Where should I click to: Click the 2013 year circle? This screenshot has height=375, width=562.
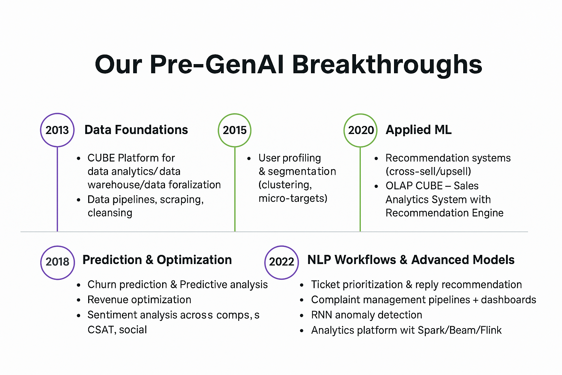[x=57, y=130]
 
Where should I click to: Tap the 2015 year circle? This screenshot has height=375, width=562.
[x=235, y=130]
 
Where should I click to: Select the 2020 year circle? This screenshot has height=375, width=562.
[x=360, y=130]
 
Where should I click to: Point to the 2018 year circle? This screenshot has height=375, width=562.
[x=57, y=262]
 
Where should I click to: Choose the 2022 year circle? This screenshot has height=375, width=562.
[x=281, y=262]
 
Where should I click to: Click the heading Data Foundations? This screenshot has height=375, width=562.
[x=136, y=130]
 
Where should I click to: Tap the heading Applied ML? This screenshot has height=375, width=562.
[x=419, y=130]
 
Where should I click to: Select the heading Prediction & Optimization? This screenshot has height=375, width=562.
[x=157, y=260]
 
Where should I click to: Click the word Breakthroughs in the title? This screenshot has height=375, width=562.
[x=387, y=65]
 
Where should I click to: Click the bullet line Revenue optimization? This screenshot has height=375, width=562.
[x=139, y=300]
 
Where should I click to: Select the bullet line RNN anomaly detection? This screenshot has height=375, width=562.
[x=366, y=315]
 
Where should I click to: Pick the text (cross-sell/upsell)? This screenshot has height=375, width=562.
[x=428, y=171]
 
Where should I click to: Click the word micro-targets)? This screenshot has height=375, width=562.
[x=293, y=198]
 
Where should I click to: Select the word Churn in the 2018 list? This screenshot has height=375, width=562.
[x=101, y=285]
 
